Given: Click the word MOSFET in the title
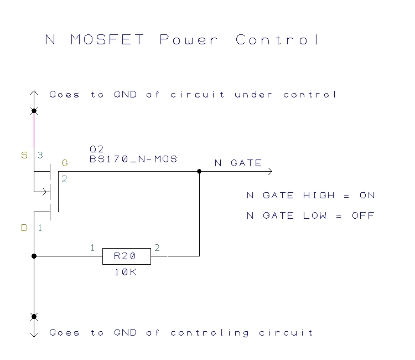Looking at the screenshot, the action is [x=107, y=40].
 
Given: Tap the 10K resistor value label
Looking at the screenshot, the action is [x=126, y=272].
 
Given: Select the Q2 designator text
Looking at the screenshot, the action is [x=97, y=150].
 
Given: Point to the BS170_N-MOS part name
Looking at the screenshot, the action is [x=133, y=159].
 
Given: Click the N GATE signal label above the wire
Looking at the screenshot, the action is [x=238, y=163].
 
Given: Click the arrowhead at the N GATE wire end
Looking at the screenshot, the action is [x=270, y=171].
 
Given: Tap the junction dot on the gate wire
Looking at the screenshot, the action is [x=199, y=171].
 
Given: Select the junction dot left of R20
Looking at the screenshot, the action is [x=34, y=256].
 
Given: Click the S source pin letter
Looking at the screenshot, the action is [x=24, y=155].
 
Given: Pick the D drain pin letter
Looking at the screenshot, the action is [x=24, y=228].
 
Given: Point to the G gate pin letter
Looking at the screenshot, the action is [x=65, y=163].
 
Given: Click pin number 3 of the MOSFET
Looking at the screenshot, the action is [x=40, y=155].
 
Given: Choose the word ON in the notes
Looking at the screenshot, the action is [x=367, y=196].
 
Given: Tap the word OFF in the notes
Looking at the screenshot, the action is [x=363, y=215].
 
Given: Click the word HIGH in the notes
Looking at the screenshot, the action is [x=319, y=196].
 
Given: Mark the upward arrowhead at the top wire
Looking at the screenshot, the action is [x=34, y=92].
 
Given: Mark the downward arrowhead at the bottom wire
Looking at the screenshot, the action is [x=34, y=335].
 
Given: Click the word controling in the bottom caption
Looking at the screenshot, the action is [x=210, y=333].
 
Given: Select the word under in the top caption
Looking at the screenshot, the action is [x=253, y=94].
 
